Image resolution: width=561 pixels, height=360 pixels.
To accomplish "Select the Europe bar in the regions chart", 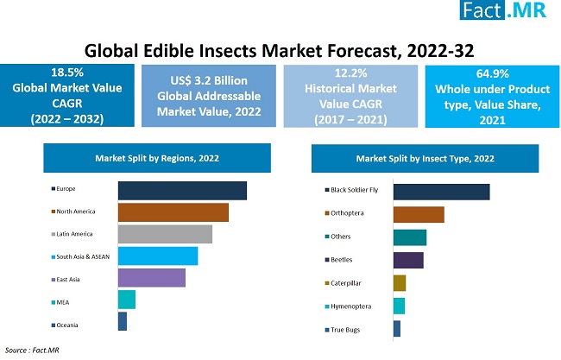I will pos(182,191).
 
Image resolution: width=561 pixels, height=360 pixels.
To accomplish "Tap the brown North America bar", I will pos(173,212).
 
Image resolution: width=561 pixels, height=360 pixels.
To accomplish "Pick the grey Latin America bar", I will pos(165,234).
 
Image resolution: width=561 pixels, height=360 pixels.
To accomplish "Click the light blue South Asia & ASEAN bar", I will pos(158,256).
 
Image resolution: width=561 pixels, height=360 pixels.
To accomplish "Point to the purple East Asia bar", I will pos(152,277).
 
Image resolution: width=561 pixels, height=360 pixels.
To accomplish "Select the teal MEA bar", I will pos(127,300).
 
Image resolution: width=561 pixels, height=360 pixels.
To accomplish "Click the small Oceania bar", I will pos(123,321).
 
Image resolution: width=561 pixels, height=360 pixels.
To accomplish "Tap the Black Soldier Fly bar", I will pos(441,192).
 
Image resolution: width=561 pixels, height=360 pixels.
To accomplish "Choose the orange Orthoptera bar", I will pos(419,214).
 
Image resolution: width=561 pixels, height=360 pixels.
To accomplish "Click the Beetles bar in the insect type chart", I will pos(408,260).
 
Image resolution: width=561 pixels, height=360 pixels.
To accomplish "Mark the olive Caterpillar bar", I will pos(400,283).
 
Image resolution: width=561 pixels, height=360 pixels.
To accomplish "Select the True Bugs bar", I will pos(397,329).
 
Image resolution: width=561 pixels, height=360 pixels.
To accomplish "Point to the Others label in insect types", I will pos(340,237).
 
